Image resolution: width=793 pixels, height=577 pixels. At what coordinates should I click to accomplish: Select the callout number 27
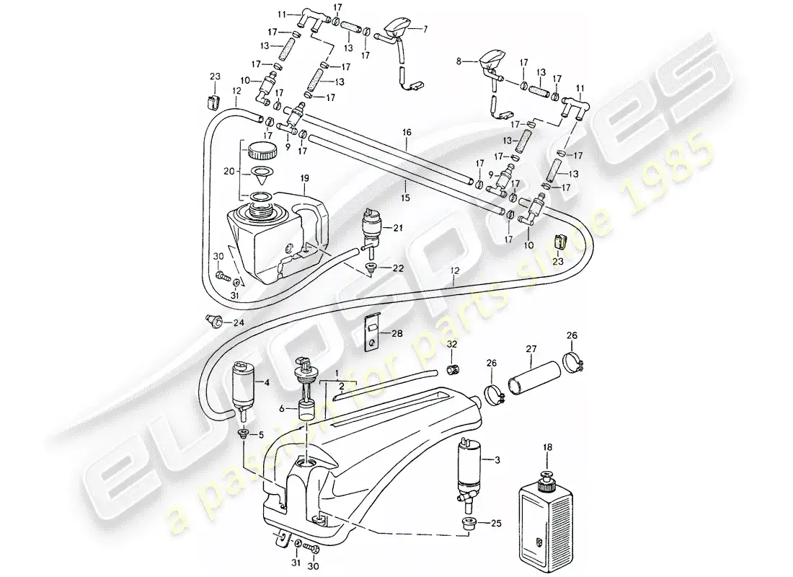tap(531, 349)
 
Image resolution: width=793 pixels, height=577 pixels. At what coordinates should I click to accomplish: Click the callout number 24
tap(239, 322)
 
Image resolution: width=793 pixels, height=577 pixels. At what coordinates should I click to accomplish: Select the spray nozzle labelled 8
tap(490, 65)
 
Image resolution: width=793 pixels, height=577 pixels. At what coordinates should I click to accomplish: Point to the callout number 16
tap(407, 133)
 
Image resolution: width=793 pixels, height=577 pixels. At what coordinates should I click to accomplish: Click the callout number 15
tap(406, 198)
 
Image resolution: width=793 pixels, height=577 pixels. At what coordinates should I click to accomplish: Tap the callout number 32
tap(451, 344)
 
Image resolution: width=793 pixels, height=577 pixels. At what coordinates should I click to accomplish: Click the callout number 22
tap(398, 268)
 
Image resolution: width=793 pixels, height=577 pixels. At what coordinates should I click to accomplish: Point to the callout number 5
tap(260, 435)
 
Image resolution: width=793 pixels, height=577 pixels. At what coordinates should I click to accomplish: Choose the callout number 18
tap(548, 447)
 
